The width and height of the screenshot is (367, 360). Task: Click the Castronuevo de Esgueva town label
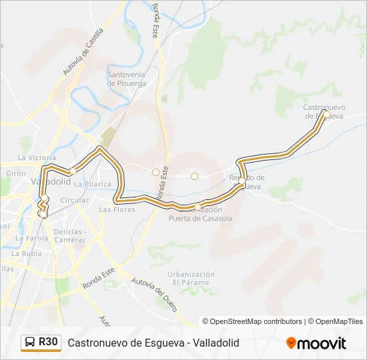pos(323,111)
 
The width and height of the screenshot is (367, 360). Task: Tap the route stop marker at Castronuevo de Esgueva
pos(326,114)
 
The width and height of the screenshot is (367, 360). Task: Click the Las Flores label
pos(117,209)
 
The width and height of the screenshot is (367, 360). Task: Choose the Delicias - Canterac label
pos(70,235)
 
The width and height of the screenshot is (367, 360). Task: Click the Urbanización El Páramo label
pos(191,278)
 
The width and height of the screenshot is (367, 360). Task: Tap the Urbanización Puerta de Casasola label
pos(200,214)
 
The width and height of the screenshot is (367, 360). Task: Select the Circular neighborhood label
pos(74,200)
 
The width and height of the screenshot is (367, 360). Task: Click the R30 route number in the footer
pos(48,342)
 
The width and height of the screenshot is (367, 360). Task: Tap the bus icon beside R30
pos(30,343)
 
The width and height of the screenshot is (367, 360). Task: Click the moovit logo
pos(316,343)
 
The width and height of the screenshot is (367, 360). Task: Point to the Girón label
pos(15,173)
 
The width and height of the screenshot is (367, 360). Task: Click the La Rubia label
pos(27,253)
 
